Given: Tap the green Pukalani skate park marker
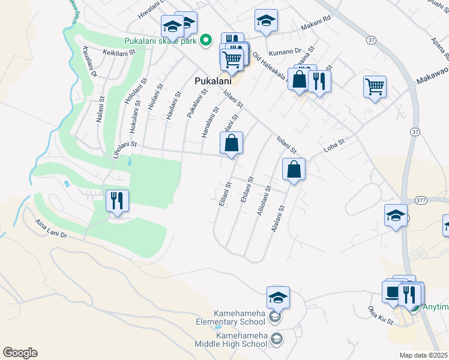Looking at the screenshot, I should pos(206,41).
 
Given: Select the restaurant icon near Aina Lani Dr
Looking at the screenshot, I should pos(117,201).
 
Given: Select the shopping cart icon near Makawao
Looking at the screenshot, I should pos(375,86).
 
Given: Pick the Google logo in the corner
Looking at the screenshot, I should pos(20,353).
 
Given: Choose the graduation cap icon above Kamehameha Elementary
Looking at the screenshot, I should pos(278,298).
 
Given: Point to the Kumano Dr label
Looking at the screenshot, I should pos(284,52).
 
